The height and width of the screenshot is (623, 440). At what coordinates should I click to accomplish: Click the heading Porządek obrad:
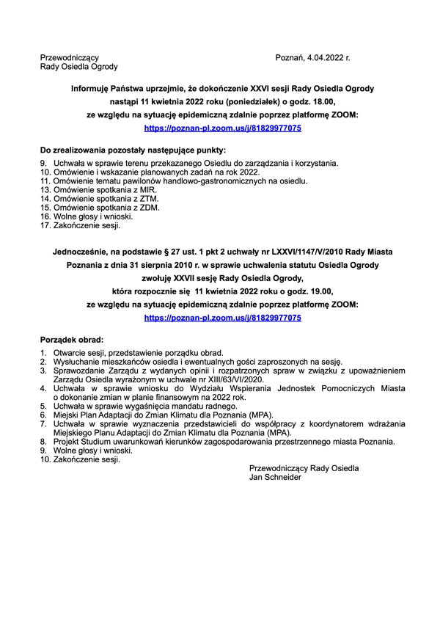tap(71, 340)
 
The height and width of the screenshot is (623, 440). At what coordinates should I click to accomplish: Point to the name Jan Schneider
tap(275, 476)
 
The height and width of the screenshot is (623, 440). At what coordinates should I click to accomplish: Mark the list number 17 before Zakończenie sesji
tap(45, 226)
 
